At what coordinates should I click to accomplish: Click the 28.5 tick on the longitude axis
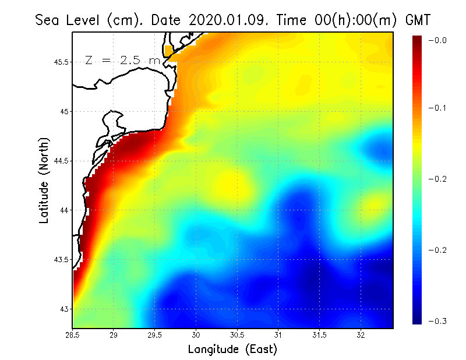pos(73,334)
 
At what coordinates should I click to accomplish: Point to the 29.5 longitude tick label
pos(155,334)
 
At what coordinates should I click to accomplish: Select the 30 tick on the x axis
pos(196,334)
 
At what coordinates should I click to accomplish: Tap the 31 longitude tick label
pos(278,334)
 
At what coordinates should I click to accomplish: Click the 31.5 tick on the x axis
pos(319,334)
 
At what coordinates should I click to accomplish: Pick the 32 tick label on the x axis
pos(361,334)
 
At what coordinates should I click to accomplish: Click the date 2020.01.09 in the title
pos(225,20)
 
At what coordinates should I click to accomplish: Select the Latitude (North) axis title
pos(44,180)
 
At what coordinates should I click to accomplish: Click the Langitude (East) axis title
pos(232,350)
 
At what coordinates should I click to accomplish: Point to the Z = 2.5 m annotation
pos(122,60)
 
